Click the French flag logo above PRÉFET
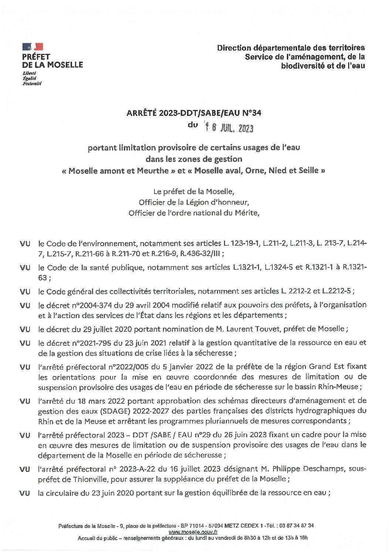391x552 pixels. pos(33,46)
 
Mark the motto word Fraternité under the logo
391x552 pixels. pos(32,84)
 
